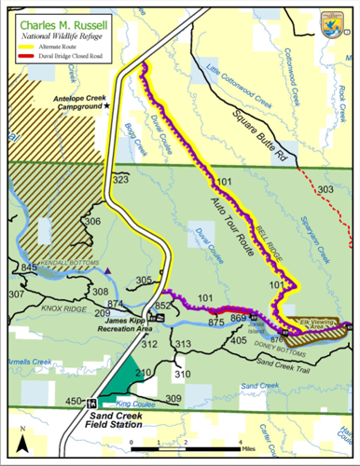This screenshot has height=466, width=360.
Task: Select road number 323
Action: click(118, 178)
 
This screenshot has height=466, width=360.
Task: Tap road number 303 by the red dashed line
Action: click(324, 190)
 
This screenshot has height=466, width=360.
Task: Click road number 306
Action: click(91, 222)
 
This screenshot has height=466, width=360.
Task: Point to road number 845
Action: click(30, 268)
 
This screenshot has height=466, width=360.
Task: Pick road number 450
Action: click(73, 401)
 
